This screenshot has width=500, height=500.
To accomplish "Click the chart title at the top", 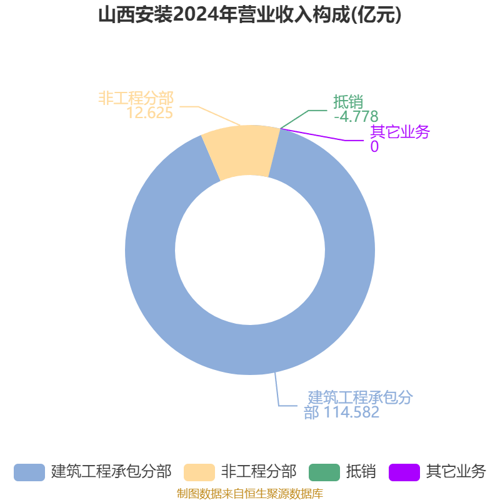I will point(250,14).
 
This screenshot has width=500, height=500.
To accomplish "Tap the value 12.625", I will point(149,113).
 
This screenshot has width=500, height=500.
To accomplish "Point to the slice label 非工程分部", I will point(136,98).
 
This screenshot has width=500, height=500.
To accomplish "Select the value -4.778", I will point(356,116).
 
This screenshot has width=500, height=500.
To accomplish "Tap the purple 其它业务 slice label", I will point(399,132).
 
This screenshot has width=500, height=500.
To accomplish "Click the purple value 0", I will point(374,147).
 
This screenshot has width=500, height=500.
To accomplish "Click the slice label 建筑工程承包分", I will point(361,397).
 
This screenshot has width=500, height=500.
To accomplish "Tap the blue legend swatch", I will point(29,472).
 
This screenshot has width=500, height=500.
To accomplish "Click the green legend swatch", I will point(324,472).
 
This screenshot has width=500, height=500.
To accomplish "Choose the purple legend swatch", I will point(404,472).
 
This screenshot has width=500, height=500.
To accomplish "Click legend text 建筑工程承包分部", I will point(111,472).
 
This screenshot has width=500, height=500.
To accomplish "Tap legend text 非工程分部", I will point(259,472).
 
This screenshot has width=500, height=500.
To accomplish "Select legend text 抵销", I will point(361,472).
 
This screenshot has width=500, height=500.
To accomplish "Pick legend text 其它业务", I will point(456,472).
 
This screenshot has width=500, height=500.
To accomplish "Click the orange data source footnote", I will point(250,494).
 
